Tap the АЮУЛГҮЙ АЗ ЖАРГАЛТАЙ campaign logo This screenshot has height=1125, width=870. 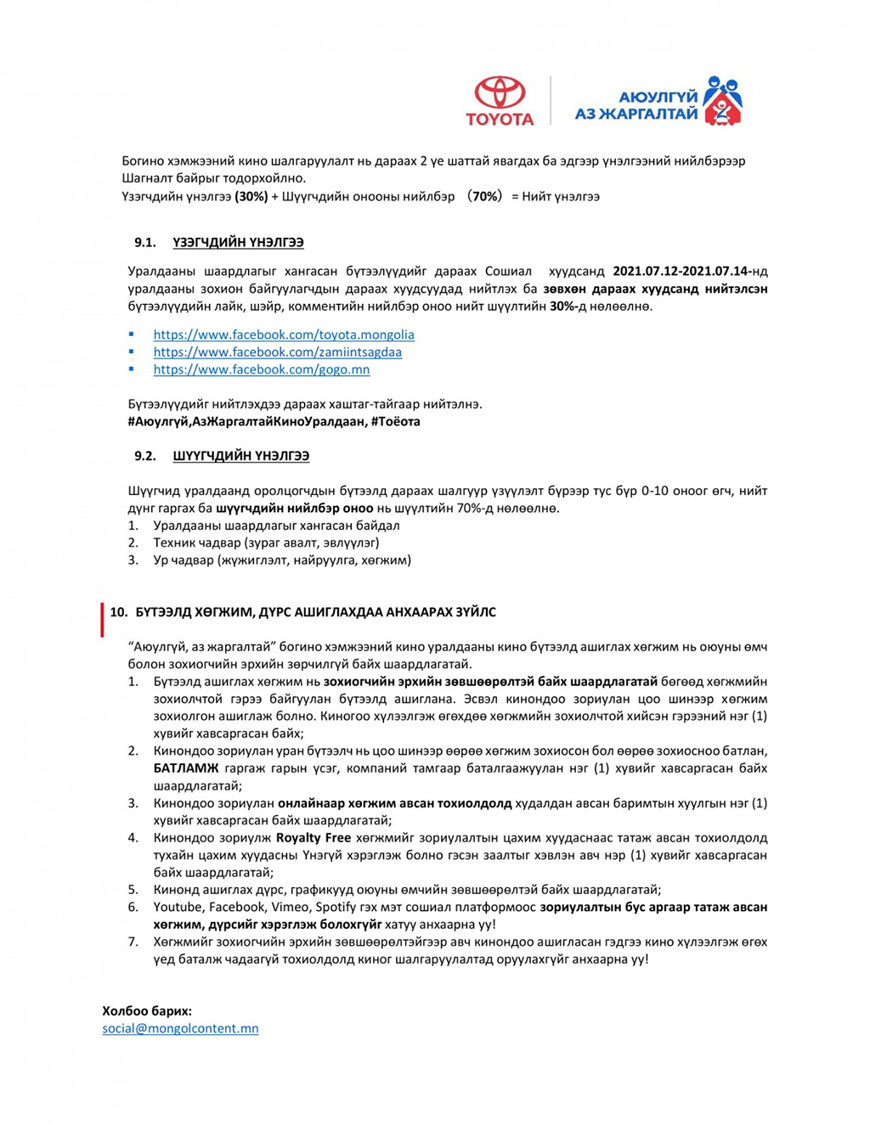pos(658,102)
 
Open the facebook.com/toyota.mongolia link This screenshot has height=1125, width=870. pos(284,335)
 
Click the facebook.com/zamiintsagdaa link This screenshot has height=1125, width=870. pos(278,352)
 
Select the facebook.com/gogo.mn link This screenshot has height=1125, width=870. pos(262,369)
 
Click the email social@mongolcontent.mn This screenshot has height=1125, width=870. pos(180,1028)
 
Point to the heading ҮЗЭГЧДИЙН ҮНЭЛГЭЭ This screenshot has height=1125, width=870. pos(238,243)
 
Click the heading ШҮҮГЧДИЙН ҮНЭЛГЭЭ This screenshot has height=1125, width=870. pos(240,456)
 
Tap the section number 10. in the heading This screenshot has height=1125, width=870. pos(119,612)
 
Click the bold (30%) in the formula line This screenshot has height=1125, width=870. pos(251,196)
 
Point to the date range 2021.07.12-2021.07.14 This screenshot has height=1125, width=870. pos(681,272)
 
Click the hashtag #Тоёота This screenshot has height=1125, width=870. pos(395,421)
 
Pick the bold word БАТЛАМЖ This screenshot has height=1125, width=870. pos(186,768)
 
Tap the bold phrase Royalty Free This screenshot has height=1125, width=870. pos(314,838)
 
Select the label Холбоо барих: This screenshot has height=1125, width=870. pos(147,1010)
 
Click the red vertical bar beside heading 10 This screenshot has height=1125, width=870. pos(102,620)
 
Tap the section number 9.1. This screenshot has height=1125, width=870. pos(145,243)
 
